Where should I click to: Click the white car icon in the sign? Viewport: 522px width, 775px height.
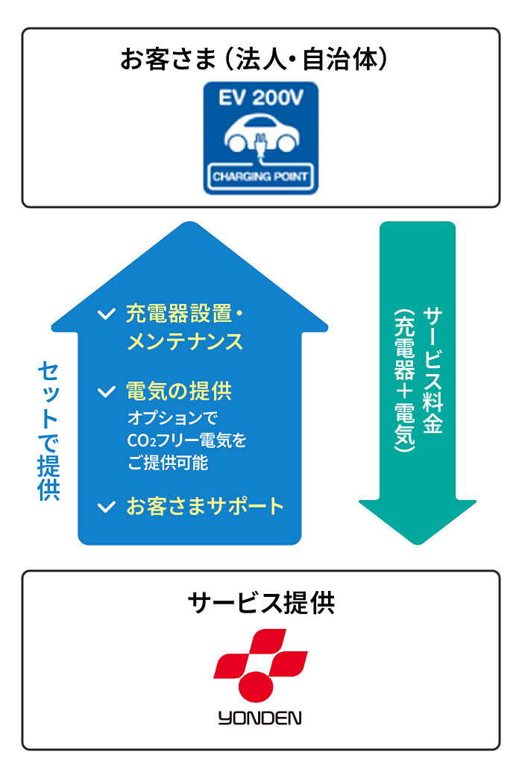coord(260,136)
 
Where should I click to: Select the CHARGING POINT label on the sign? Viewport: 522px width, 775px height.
coord(260,177)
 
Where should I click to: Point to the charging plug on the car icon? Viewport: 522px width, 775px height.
coord(261,143)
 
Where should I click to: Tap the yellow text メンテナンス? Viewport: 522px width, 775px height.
coord(185,342)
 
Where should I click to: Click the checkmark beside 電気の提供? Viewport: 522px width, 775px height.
coord(107,391)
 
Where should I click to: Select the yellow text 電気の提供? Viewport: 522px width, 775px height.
coord(179,391)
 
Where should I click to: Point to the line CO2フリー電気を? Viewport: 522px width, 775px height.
coord(186,440)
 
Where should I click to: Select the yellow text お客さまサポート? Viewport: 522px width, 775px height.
coord(205,507)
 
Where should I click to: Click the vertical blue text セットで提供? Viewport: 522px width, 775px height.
coord(48,431)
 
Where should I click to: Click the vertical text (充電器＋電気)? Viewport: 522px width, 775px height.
coord(405,380)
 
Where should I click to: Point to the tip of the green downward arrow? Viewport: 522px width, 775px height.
coord(418,542)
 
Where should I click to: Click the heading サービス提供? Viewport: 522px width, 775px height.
coord(261,603)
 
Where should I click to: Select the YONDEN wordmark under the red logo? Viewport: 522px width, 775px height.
coord(260,718)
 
